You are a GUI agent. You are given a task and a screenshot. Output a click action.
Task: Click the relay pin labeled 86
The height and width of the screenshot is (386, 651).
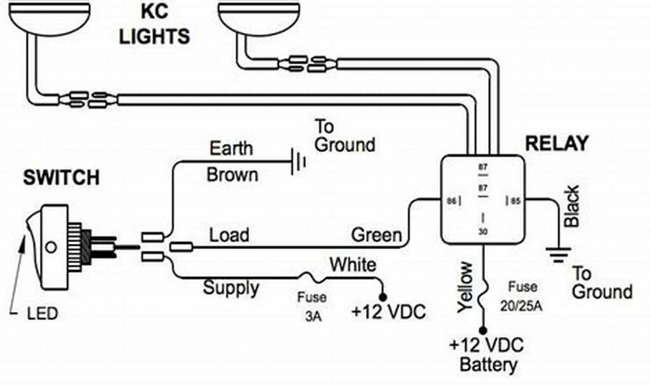coord(452,201)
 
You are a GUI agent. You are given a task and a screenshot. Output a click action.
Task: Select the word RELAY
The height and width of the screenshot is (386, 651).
coord(556,143)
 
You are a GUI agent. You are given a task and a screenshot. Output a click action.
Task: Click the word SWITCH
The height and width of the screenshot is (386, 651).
coord(61,177)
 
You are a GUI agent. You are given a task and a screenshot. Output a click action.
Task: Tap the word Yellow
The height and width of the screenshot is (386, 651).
coord(465,286)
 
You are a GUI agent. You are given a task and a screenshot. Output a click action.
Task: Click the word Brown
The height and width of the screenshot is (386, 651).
coord(232,174)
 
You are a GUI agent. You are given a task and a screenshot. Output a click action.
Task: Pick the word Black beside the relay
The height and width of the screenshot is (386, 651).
coord(571,206)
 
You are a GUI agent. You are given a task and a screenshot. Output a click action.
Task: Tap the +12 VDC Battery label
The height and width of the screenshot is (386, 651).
coord(487,355)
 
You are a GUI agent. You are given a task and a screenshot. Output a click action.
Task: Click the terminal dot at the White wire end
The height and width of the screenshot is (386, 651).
coord(383,296)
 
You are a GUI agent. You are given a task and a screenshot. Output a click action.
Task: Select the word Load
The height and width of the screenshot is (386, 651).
coord(229,235)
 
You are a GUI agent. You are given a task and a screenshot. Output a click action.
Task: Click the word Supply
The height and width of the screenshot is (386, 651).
coord(231,287)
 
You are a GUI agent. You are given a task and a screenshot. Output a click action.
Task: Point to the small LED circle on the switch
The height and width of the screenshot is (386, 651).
coord(49,245)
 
